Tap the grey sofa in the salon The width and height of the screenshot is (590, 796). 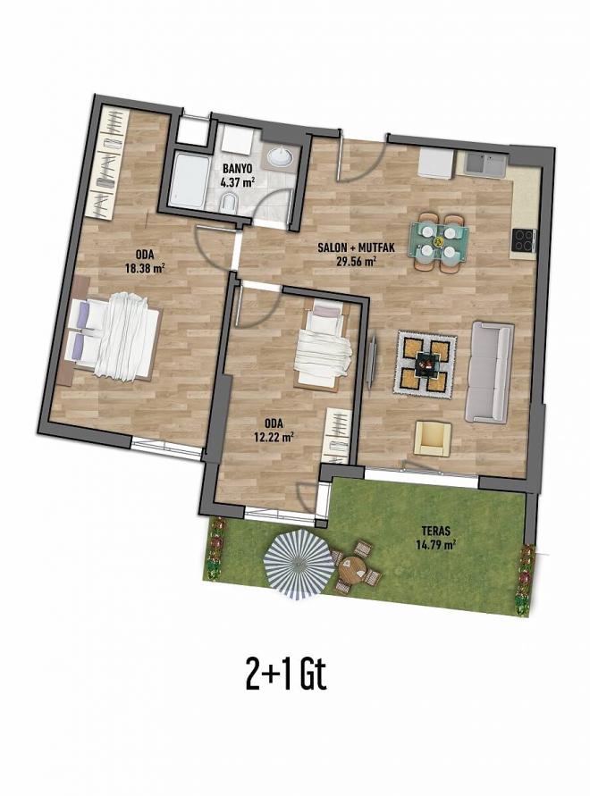tap(489, 372)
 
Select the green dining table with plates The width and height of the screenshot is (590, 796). tap(438, 239)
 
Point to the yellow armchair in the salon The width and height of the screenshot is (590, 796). tap(433, 438)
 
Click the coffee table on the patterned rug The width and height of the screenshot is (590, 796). tap(426, 363)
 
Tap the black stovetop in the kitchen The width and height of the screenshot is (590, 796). tap(522, 239)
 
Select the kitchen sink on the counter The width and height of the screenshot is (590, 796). tap(482, 164)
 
